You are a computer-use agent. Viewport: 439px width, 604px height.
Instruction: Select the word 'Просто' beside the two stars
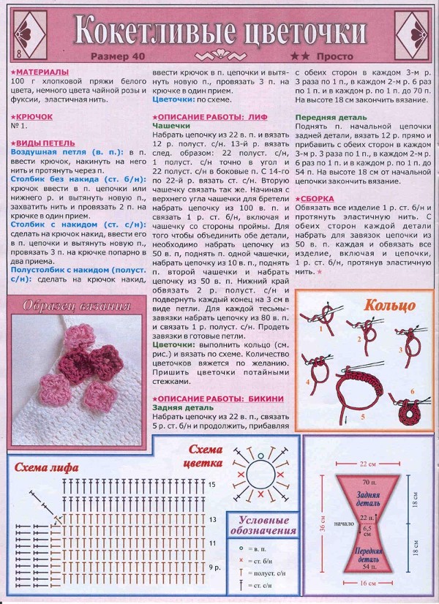click(337, 56)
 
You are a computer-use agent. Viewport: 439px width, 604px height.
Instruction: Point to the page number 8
click(17, 55)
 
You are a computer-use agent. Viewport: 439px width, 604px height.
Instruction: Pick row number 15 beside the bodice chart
click(212, 484)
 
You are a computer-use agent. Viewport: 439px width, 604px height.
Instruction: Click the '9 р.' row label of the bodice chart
click(214, 567)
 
